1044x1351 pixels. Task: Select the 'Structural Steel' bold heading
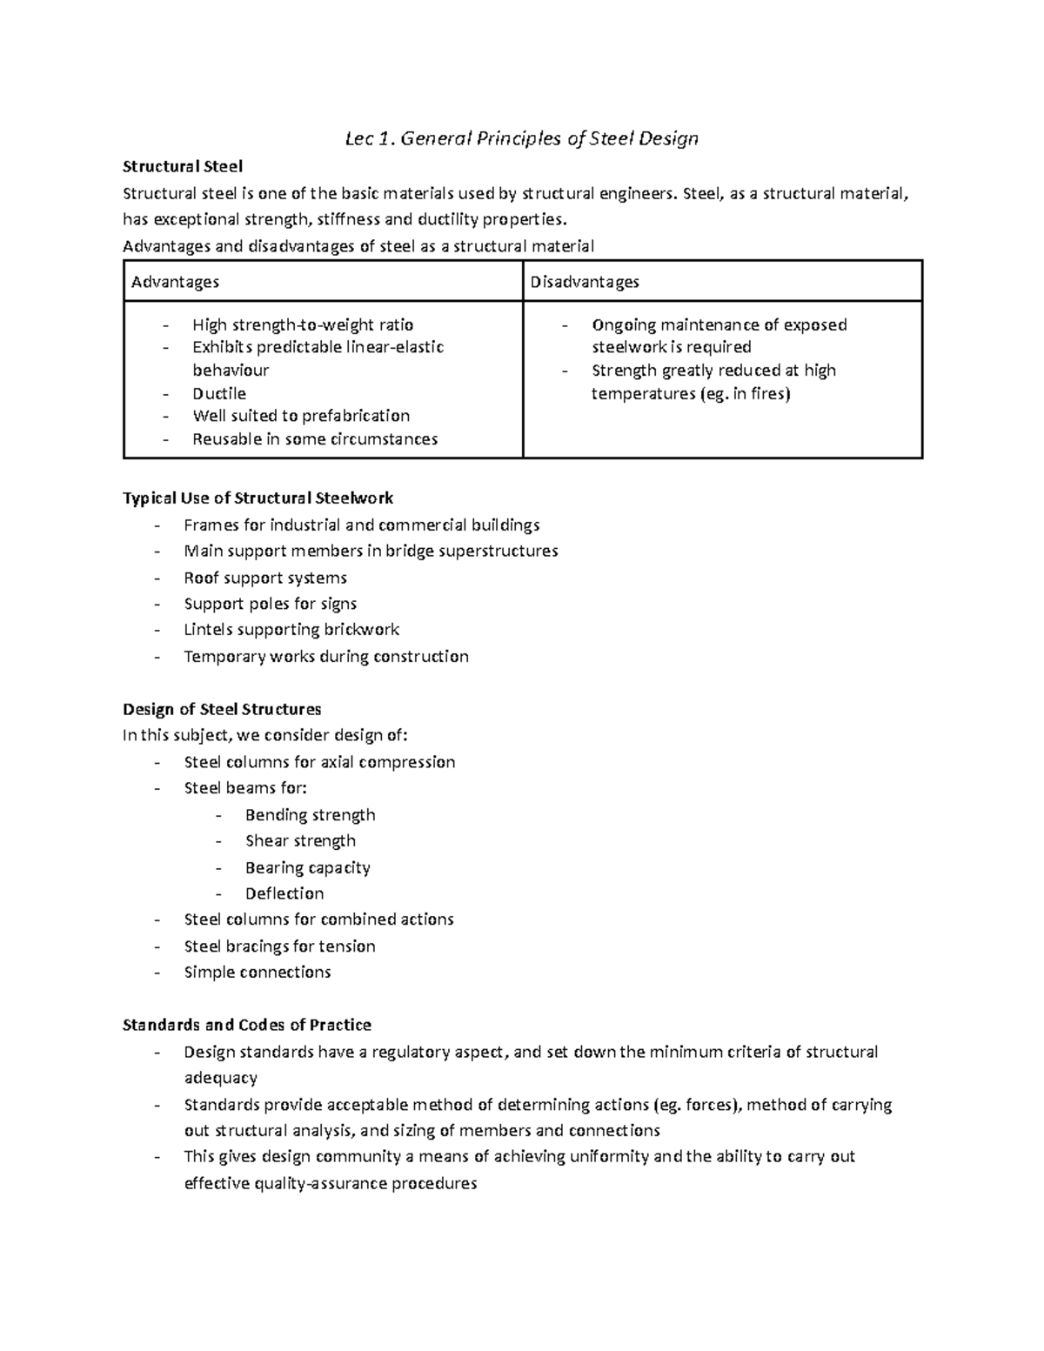click(183, 166)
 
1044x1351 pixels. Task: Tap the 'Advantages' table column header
click(175, 282)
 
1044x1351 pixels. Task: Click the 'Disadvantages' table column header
click(585, 282)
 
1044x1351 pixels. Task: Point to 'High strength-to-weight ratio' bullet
click(303, 325)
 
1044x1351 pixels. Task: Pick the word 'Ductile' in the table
click(219, 394)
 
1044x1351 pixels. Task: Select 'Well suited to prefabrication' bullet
click(301, 416)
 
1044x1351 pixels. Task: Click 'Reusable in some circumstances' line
click(315, 439)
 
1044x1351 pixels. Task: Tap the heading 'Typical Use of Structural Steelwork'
click(258, 498)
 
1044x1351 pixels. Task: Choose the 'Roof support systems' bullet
click(265, 579)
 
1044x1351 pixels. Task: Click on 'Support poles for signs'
click(271, 604)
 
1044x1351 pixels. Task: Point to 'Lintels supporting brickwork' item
click(291, 630)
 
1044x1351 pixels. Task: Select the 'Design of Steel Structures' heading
click(222, 710)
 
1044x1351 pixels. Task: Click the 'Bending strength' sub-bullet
click(310, 815)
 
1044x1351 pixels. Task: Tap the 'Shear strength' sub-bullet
click(300, 841)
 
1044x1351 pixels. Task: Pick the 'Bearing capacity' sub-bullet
click(307, 868)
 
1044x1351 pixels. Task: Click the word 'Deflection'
click(284, 893)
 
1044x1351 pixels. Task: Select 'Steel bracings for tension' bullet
click(279, 946)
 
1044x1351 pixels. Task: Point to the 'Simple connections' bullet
click(258, 973)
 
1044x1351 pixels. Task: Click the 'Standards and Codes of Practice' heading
click(247, 1026)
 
